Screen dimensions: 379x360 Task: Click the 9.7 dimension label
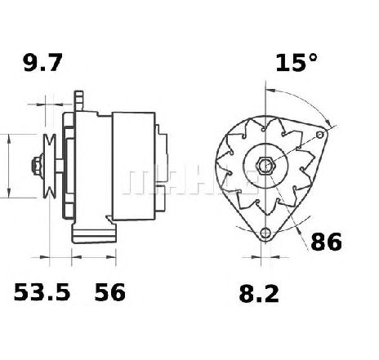(x=42, y=63)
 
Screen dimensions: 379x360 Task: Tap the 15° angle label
(x=297, y=63)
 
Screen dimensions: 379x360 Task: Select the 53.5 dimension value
(x=42, y=292)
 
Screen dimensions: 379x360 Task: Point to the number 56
(x=110, y=292)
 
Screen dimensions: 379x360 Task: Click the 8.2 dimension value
(x=259, y=294)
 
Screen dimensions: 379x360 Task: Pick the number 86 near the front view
(x=326, y=242)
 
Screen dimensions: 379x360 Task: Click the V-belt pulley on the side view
(x=50, y=166)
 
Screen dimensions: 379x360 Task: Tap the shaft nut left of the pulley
(x=38, y=165)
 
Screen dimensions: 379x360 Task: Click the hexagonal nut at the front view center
(x=265, y=165)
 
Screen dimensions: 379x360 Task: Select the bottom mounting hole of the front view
(x=265, y=233)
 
